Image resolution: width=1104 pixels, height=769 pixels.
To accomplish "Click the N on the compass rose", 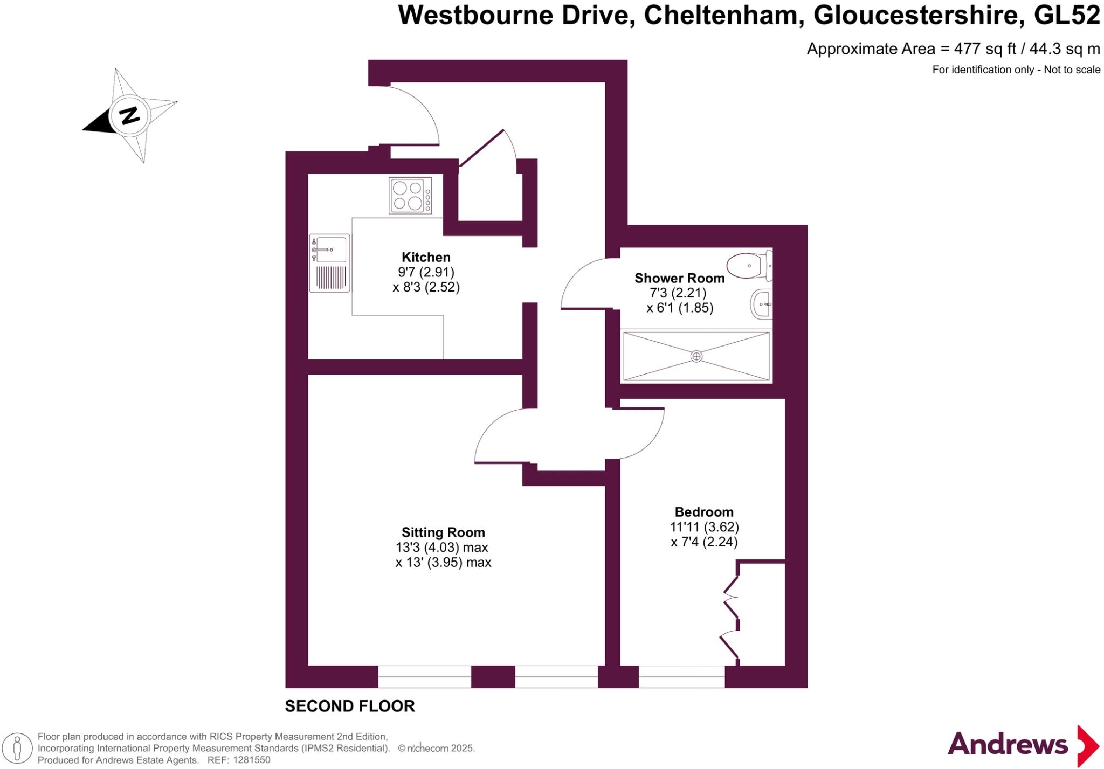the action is click(129, 115).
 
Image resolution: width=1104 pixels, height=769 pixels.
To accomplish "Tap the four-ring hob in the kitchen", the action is click(410, 196).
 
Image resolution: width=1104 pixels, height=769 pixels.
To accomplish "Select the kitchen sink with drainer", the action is click(329, 263).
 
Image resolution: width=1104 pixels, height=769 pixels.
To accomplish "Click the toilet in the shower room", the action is click(749, 266).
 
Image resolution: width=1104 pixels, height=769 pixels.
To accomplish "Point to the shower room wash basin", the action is click(761, 304).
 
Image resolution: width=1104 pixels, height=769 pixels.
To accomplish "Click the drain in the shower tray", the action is click(696, 356).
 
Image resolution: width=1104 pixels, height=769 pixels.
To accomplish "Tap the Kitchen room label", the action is click(426, 257).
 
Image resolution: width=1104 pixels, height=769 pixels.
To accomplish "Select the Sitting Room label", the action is click(443, 532).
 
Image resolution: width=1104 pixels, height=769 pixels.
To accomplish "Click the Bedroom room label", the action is click(704, 512).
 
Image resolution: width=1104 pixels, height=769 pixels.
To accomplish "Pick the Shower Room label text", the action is click(679, 278).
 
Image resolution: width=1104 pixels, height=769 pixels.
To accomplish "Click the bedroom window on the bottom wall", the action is click(681, 677).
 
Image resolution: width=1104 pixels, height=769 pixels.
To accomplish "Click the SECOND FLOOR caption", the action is click(350, 706).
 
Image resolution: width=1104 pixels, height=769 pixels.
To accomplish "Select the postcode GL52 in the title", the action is click(1066, 15).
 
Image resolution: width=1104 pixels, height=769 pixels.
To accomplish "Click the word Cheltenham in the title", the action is click(721, 15).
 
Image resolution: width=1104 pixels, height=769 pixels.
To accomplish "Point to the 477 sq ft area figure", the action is click(984, 49).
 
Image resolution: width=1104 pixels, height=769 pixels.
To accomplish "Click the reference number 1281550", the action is click(250, 760).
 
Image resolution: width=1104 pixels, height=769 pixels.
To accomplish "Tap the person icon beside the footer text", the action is click(17, 749).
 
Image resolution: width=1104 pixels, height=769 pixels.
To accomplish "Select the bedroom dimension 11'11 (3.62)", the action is click(704, 527).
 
